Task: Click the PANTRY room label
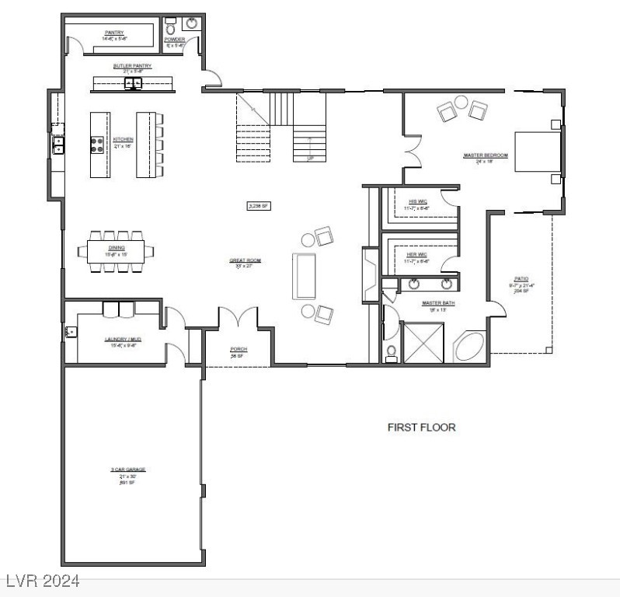coord(115,32)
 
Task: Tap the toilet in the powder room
coord(171,29)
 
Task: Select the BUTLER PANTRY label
coord(132,66)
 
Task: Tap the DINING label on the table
coord(115,246)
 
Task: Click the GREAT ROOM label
coord(240,260)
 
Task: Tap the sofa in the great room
coord(304,276)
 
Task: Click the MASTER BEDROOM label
coord(485,155)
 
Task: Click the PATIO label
coord(521,278)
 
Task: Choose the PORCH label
coord(239,349)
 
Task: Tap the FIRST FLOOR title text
coord(421,427)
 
